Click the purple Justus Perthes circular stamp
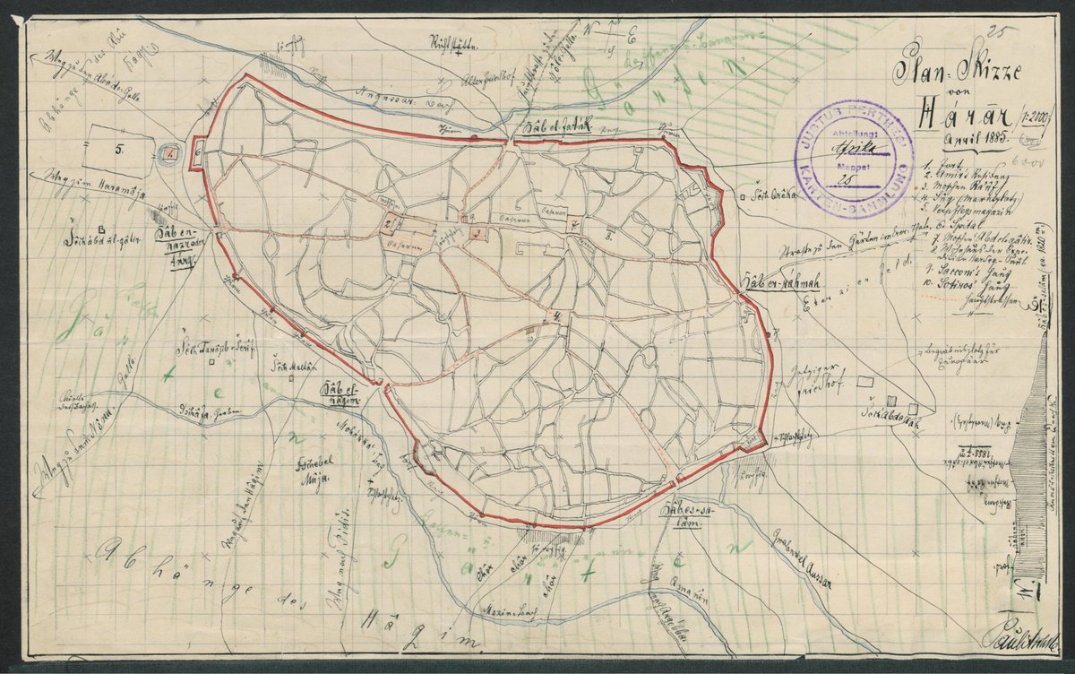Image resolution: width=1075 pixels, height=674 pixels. point(854,159)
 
